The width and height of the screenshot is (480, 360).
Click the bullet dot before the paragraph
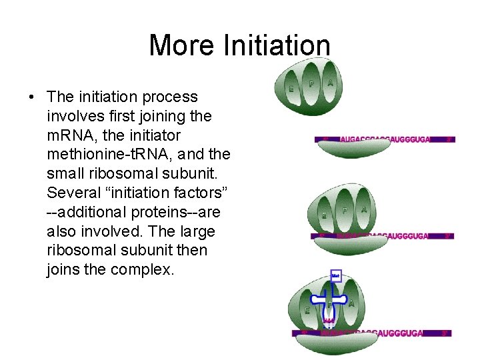tap(32, 97)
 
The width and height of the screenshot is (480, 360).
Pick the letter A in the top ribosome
tap(331, 83)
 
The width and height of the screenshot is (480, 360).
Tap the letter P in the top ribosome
tap(311, 83)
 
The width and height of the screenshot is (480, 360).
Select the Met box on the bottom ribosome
tap(336, 275)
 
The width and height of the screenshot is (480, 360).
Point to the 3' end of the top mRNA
tap(449, 140)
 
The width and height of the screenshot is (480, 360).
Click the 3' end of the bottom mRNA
tap(445, 333)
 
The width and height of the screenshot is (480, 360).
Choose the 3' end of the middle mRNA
tap(448, 236)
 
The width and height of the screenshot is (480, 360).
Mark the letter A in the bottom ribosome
tap(351, 303)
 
